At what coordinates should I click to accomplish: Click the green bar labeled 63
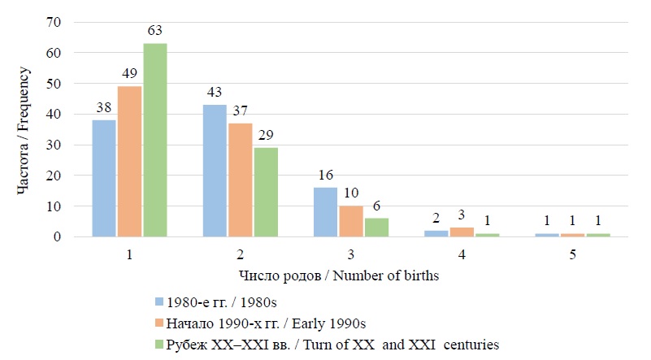pyautogui.click(x=154, y=140)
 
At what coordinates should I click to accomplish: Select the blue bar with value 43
pyautogui.click(x=215, y=171)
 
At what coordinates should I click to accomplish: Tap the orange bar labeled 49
pyautogui.click(x=129, y=161)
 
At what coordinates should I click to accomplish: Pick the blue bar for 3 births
pyautogui.click(x=325, y=212)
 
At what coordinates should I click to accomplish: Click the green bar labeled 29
pyautogui.click(x=265, y=192)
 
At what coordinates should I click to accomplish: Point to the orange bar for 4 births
pyautogui.click(x=461, y=232)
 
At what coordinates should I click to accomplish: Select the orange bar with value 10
pyautogui.click(x=350, y=221)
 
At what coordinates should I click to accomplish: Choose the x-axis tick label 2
pyautogui.click(x=240, y=254)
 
